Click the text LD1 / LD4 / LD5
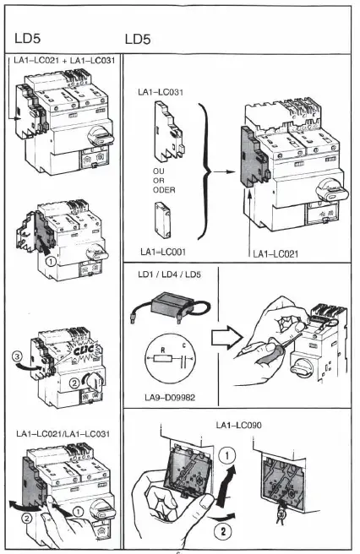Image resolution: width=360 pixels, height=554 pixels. (165, 274)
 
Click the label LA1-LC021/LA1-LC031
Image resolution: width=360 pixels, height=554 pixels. (65, 433)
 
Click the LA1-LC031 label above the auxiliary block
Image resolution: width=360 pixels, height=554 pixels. (161, 89)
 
